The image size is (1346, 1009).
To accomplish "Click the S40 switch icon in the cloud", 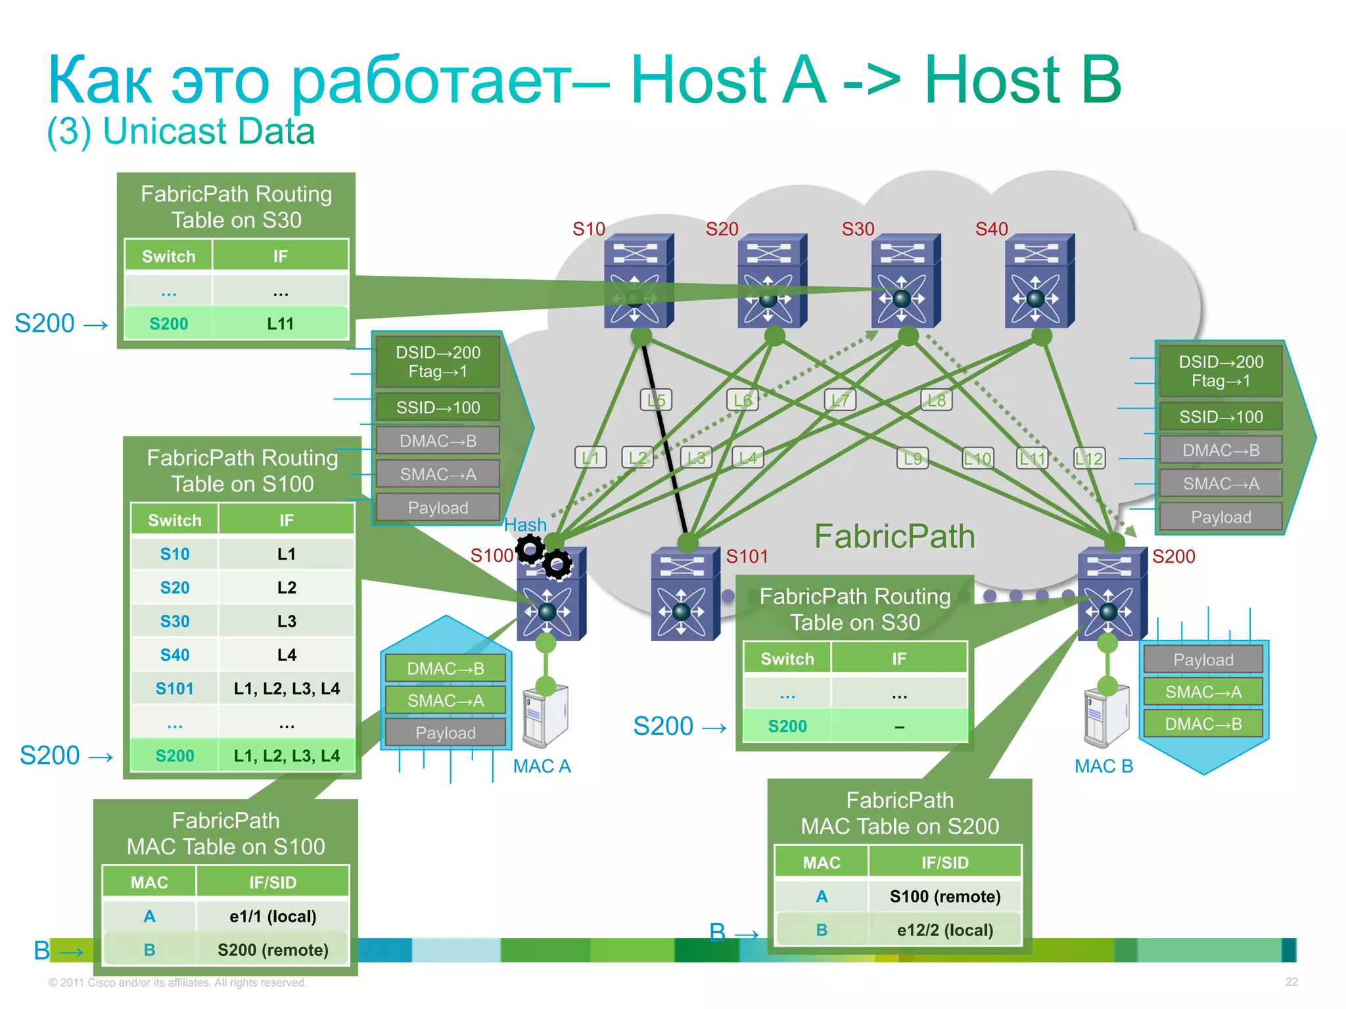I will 1038,280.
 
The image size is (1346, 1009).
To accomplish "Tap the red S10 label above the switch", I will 588,229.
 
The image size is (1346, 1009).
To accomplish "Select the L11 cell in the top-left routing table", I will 280,324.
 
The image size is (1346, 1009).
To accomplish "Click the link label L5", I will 656,400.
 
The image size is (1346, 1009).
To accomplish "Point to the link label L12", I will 1088,459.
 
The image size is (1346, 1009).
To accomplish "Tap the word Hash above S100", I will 525,525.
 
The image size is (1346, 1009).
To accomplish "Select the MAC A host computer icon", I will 545,716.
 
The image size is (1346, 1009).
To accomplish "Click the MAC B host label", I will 1103,766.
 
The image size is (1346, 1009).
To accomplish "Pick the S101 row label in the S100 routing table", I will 174,688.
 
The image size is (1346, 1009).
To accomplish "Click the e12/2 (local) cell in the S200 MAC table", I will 944,930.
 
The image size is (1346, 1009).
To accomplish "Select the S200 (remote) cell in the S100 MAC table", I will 273,950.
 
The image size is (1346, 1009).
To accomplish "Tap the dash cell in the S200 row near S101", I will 899,727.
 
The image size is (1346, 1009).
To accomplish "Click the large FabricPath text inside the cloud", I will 894,536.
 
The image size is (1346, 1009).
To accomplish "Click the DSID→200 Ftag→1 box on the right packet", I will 1220,371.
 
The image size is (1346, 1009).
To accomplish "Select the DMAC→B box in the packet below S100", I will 446,669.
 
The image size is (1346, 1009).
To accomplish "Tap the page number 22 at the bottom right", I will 1291,982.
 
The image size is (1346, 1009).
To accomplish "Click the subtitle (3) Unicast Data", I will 181,131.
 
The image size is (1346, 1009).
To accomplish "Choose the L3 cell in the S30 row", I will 287,621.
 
